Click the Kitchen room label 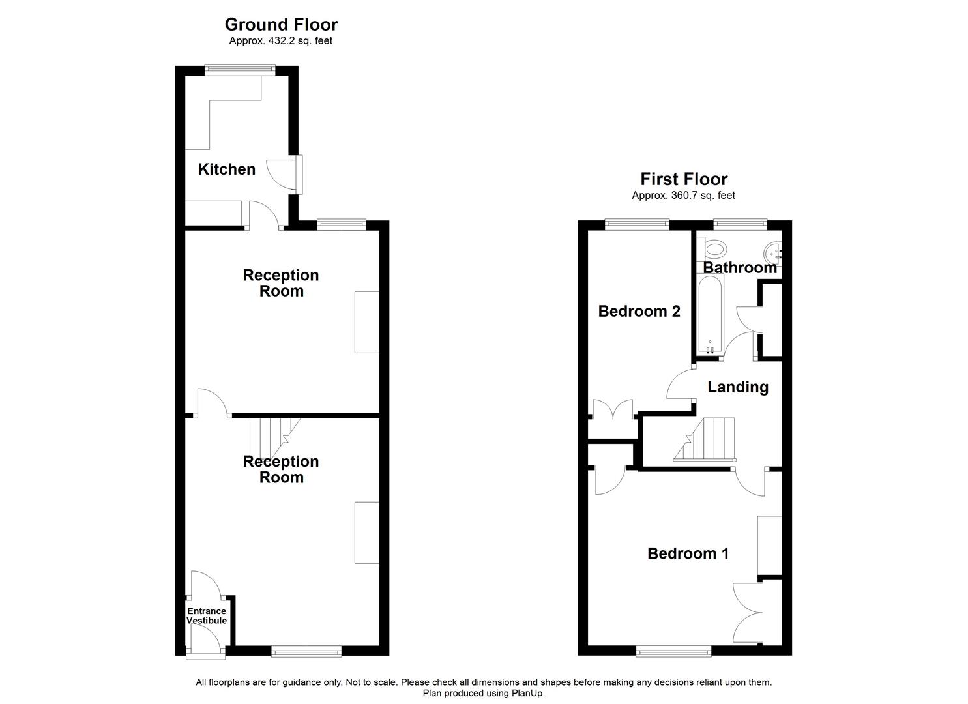coord(226,169)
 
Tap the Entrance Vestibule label coord(207,616)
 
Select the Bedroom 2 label coord(639,312)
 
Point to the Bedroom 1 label coord(688,554)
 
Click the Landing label coord(738,387)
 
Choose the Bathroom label coord(739,268)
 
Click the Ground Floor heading coord(281,25)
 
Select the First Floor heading coord(684,179)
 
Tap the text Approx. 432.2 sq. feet coord(281,41)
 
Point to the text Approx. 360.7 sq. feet coord(683,196)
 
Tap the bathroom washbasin coord(773,250)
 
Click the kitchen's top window coord(239,68)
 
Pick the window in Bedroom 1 coord(674,650)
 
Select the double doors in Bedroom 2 coord(613,411)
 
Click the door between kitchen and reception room coord(263,215)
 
